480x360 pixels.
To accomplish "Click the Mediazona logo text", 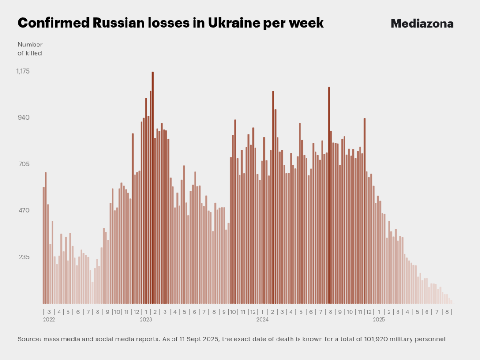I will (x=422, y=23).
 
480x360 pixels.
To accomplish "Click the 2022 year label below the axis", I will (x=49, y=320).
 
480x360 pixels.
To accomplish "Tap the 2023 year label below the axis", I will (x=146, y=320).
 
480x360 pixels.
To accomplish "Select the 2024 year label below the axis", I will (x=262, y=320).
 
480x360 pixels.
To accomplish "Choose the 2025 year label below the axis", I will (x=379, y=320).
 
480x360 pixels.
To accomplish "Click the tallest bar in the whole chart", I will (x=153, y=187).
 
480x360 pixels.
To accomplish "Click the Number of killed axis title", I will (x=30, y=49).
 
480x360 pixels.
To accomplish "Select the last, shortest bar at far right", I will (x=451, y=302).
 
